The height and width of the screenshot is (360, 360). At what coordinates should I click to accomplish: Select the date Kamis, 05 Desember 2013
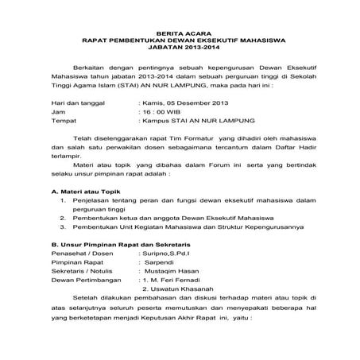pyautogui.click(x=185, y=126)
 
